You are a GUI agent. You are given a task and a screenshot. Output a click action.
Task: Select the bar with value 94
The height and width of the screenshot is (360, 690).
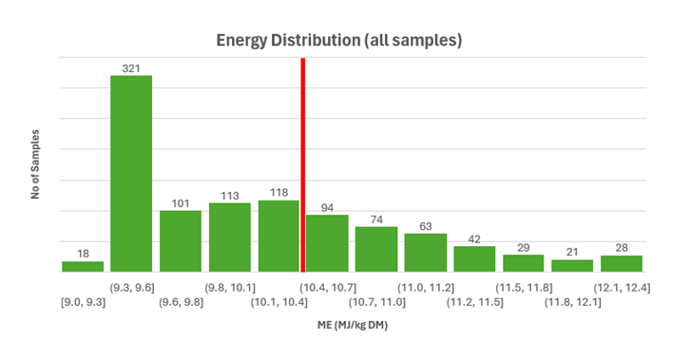pos(327,243)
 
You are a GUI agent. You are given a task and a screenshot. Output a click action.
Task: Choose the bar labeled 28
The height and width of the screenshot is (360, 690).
pos(622,263)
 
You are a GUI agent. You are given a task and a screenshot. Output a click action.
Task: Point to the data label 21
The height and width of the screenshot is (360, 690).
pos(572,252)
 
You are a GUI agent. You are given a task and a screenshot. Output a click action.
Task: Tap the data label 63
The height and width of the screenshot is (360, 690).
pos(425,225)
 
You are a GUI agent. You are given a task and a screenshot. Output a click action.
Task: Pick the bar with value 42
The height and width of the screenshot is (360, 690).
pos(474,258)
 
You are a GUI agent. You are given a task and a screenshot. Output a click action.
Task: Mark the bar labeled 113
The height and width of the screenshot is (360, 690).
pos(229,237)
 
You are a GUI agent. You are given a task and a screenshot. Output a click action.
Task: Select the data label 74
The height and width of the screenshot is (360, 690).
pos(376,218)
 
